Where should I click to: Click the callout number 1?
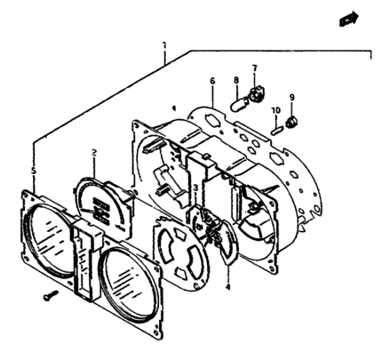point(164,45)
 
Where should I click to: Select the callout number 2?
point(94,153)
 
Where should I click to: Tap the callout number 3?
point(195,188)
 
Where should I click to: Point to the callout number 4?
point(227,286)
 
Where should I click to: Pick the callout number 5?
point(34,171)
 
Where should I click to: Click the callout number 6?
point(212,81)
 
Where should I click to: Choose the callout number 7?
point(255,68)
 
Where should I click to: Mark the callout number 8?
point(236,80)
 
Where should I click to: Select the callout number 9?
point(292,97)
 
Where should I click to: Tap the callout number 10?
point(275,110)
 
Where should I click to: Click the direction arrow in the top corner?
point(349,19)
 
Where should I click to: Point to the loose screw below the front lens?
point(51,295)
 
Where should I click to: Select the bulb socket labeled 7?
point(255,94)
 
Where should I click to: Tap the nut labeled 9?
point(291,122)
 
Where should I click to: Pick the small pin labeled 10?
point(276,131)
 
